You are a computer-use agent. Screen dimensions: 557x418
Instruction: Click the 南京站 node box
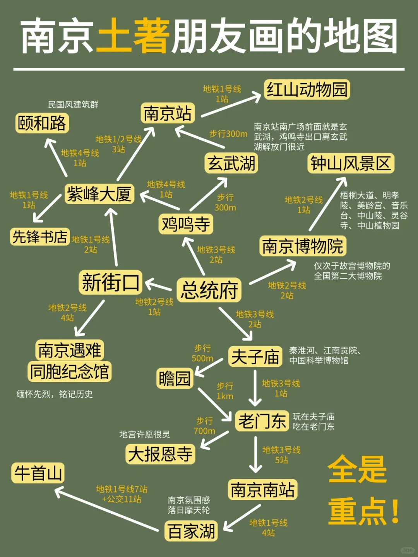[x=167, y=113]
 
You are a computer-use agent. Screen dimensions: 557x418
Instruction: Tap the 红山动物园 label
[x=307, y=90]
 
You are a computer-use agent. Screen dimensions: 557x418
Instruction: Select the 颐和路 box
[x=42, y=123]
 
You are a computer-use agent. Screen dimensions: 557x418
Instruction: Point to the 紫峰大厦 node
[x=99, y=194]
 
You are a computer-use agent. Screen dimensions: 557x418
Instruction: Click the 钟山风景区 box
[x=351, y=163]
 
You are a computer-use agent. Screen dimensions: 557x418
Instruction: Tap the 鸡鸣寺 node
[x=186, y=224]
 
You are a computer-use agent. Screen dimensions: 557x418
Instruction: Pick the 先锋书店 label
[x=40, y=237]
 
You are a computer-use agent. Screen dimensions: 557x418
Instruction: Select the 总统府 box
[x=209, y=290]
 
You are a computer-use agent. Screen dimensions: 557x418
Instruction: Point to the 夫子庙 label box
[x=255, y=357]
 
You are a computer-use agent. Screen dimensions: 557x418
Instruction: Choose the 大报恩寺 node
[x=160, y=454]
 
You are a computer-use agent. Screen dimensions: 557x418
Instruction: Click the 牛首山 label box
[x=38, y=473]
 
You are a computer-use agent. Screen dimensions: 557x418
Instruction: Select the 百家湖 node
[x=191, y=531]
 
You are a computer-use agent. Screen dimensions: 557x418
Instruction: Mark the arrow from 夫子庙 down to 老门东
[x=255, y=388]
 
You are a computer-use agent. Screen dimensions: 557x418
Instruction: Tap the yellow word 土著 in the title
[x=133, y=36]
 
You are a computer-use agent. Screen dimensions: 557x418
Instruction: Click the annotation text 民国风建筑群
[x=73, y=104]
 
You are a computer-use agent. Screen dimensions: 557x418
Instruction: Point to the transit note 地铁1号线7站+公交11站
[x=122, y=494]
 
